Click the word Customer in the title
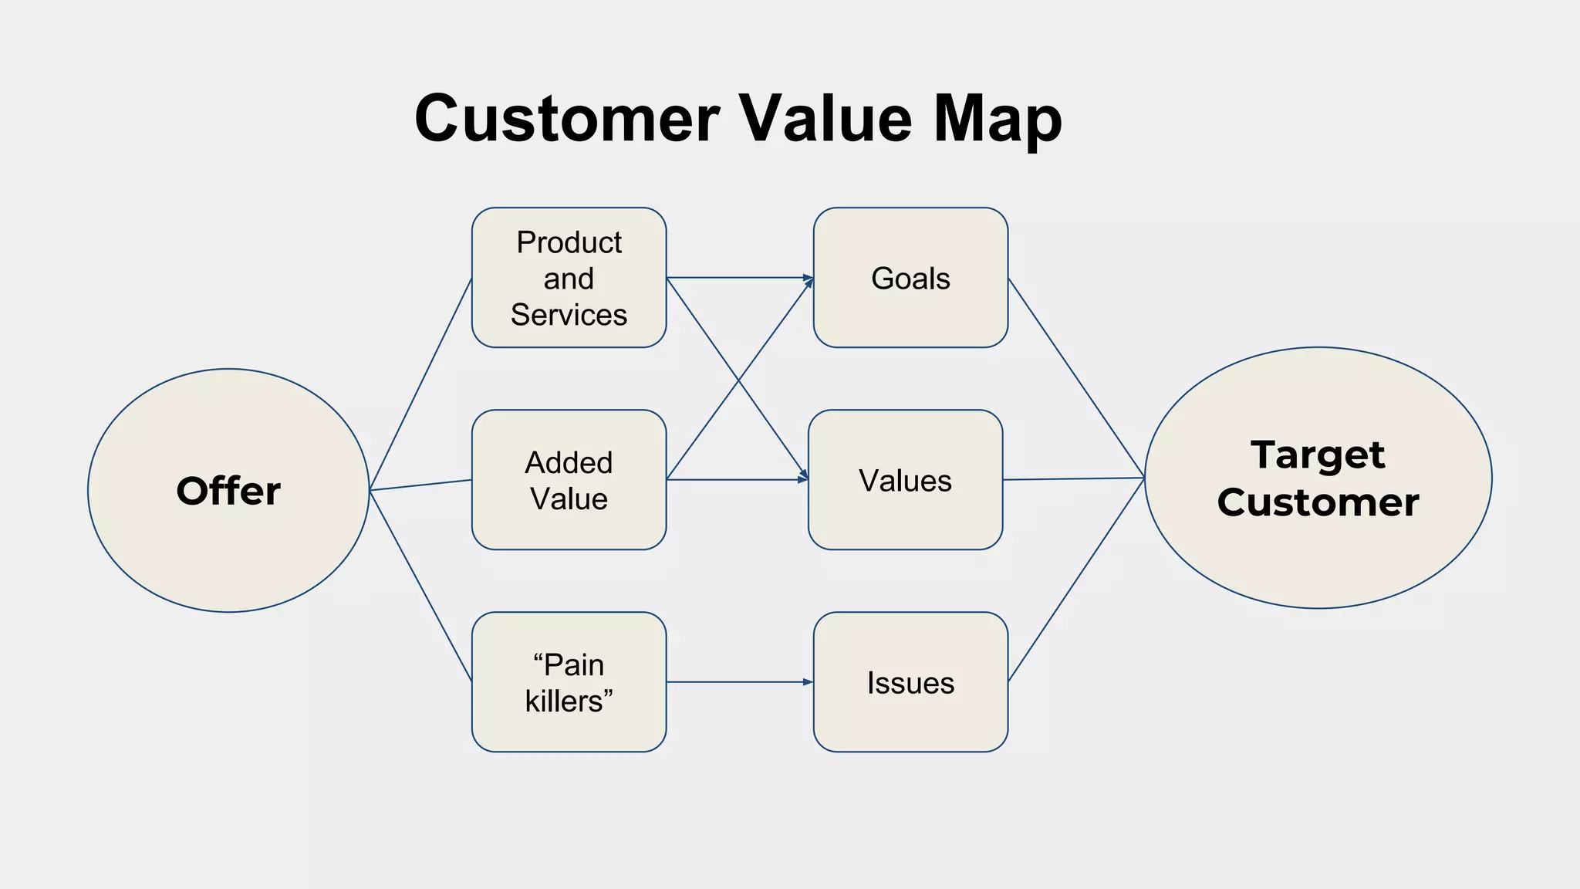[x=567, y=120]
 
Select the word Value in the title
[x=825, y=119]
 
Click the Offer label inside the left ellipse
[x=228, y=492]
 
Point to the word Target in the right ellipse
[x=1318, y=455]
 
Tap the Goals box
[x=910, y=278]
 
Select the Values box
[x=905, y=480]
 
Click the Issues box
[x=910, y=682]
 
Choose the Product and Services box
[x=569, y=278]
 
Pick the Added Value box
[x=569, y=480]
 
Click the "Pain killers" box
[x=569, y=682]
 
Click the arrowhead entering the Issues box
[x=808, y=682]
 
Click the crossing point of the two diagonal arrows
[x=738, y=379]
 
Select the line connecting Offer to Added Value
[x=420, y=485]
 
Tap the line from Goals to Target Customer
[x=1076, y=378]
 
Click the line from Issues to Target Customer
[x=1076, y=580]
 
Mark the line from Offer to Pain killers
[x=420, y=586]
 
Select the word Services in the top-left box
[x=569, y=315]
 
